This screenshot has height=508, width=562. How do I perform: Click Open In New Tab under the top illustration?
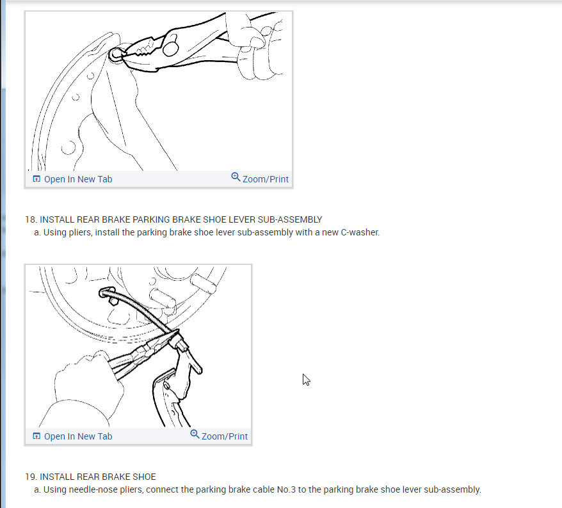(x=78, y=179)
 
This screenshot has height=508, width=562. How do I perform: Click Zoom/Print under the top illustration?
(x=265, y=179)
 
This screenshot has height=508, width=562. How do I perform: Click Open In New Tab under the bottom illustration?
(x=78, y=436)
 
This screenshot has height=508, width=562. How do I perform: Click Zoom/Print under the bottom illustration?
(x=225, y=436)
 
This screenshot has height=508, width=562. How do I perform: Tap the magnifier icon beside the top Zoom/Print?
(x=236, y=177)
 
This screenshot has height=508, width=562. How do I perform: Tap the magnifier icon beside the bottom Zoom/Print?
(x=195, y=434)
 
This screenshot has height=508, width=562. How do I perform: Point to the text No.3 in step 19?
(x=286, y=489)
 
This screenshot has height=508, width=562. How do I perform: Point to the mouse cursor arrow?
(x=306, y=379)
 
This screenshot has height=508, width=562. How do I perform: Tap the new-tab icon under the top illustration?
(x=36, y=179)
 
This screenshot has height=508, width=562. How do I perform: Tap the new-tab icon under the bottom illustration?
(x=36, y=436)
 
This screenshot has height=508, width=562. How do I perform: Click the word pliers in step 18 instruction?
(x=80, y=232)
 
